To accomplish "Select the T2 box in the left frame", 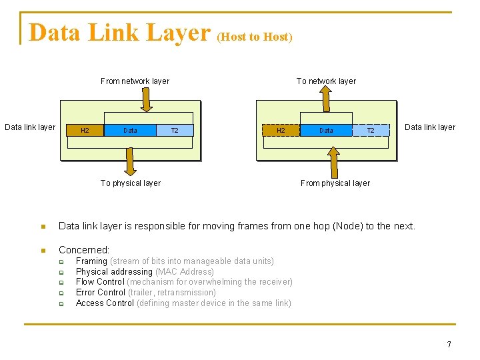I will point(175,131).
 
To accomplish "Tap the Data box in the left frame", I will point(131,131).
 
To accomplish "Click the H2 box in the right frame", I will point(281,131).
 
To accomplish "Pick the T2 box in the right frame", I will point(371,131).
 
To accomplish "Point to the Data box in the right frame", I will point(326,131).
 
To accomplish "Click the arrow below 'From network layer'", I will point(147,100).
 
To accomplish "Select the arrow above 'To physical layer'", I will point(131,160).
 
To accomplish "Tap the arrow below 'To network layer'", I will point(326,100).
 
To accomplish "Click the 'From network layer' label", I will point(135,81).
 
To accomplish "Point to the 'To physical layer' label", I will point(131,183).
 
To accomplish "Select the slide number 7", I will point(449,345).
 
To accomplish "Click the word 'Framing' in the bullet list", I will point(91,261).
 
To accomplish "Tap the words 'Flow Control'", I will point(100,282).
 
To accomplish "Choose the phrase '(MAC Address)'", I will point(185,272).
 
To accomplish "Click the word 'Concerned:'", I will point(84,250).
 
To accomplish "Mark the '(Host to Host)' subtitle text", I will point(255,37).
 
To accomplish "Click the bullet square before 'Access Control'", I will point(60,303).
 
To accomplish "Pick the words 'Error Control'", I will point(101,293).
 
